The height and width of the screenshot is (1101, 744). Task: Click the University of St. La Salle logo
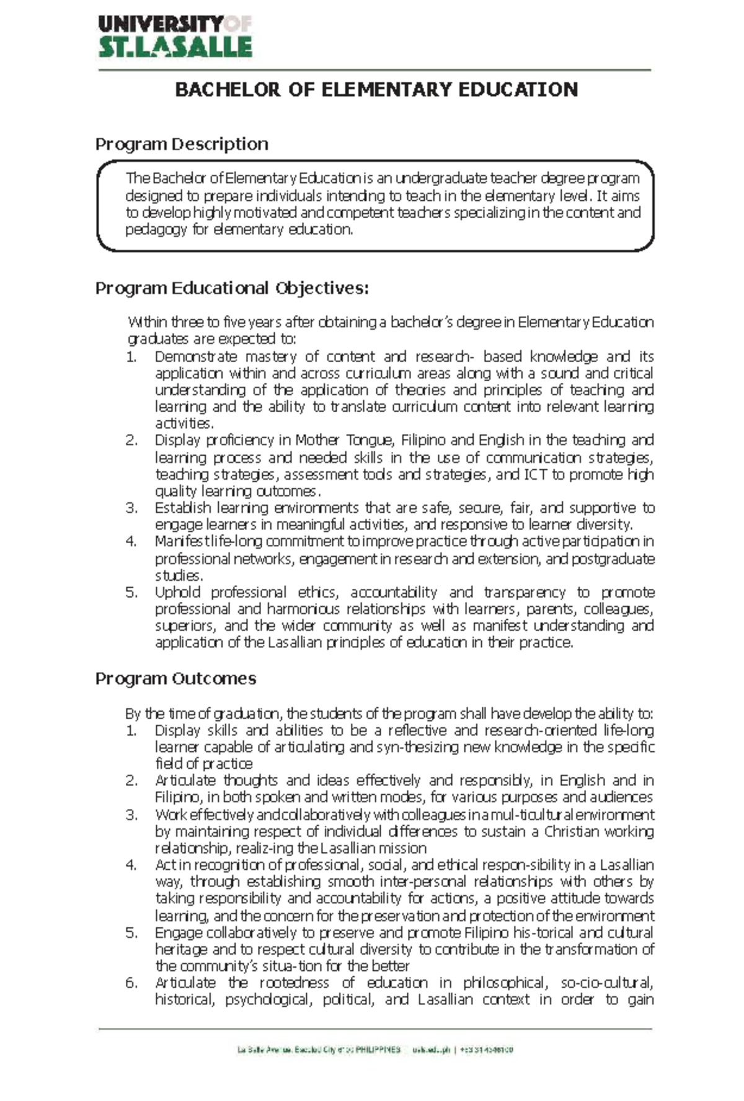[x=175, y=37]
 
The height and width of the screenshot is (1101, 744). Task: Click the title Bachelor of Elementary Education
[x=376, y=90]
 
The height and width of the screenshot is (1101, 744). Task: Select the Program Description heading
[x=182, y=144]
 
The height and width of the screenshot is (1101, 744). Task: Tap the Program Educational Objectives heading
[x=232, y=288]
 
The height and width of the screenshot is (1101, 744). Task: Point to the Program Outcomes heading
[x=175, y=679]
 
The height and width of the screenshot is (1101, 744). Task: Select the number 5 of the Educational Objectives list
[x=131, y=592]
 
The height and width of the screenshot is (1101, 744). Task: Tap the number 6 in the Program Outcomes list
[x=131, y=983]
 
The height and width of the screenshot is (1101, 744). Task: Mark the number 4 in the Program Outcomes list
[x=131, y=865]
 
